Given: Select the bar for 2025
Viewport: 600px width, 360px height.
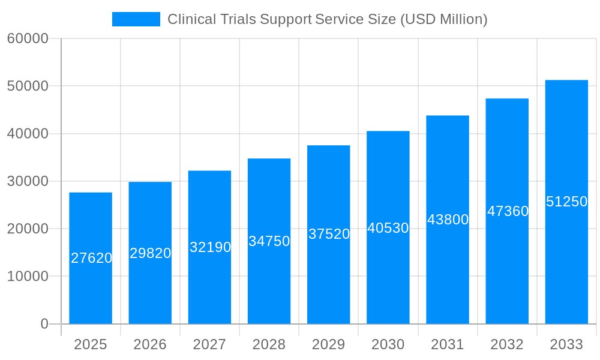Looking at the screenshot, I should pos(91,288).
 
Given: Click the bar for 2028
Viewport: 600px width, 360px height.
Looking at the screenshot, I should pos(269,282).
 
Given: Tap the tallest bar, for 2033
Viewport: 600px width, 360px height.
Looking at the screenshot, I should pos(566,264).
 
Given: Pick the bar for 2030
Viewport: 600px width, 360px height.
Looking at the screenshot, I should pos(388,276).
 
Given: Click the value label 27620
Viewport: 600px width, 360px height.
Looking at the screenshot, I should pos(92,258).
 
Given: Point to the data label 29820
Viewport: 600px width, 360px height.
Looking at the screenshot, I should pos(151,253).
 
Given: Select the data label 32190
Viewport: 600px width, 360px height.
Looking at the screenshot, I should pos(210,247).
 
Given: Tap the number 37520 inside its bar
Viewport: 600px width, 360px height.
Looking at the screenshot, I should pos(329,234).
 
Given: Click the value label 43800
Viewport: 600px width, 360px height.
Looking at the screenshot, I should pos(448,220).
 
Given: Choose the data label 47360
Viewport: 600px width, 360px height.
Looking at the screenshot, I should pos(508,211).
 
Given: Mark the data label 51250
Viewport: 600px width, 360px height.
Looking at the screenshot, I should pos(566,202).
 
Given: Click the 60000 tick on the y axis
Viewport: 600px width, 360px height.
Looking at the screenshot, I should pos(28,38).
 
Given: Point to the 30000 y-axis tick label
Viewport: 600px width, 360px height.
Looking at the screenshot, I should pos(28,181).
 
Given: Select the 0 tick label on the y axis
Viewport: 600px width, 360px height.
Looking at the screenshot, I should pos(44,324).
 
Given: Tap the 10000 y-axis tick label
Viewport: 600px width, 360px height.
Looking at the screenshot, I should pos(28,277).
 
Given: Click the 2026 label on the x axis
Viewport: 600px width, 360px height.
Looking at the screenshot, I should pos(150,344).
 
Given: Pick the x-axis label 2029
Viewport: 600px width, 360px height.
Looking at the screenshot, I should pos(329,344).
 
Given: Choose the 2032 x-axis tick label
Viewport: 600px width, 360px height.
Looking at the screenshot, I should pos(507,344).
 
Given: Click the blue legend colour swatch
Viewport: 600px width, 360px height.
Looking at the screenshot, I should pos(136,19).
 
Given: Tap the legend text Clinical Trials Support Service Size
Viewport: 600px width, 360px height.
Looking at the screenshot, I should pos(327,19).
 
